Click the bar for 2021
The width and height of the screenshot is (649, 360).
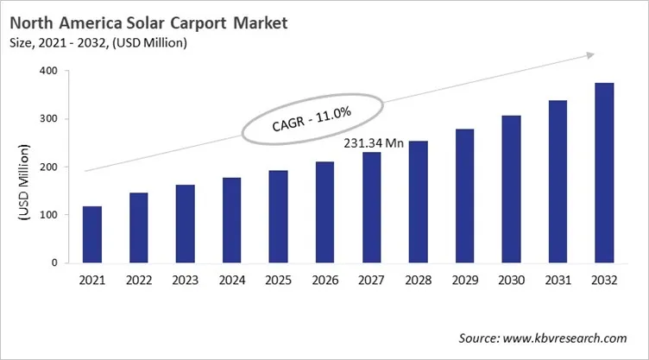pos(91,234)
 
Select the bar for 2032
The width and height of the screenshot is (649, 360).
pos(604,173)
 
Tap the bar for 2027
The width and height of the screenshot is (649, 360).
pos(371,207)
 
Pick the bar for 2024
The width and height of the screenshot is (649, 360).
pos(231,220)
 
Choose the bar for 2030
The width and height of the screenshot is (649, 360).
pos(511,189)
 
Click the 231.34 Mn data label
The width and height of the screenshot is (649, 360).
pos(375,143)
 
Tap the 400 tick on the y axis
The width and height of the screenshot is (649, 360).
pos(54,71)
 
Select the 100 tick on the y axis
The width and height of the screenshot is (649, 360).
pos(54,215)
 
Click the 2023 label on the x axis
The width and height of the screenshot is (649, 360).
pos(185,280)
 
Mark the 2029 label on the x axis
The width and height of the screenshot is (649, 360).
pos(464,280)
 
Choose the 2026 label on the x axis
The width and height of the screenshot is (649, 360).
pos(324,280)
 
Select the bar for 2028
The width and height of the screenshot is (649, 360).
pos(418,202)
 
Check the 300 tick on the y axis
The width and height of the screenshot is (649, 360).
pos(54,119)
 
